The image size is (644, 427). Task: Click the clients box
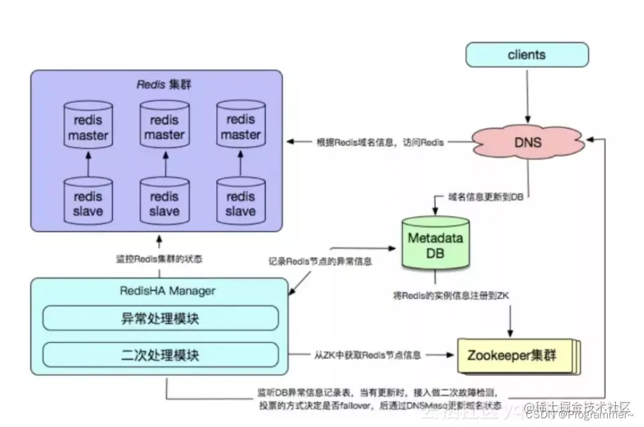tap(527, 55)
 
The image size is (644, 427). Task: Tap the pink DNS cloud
tap(528, 142)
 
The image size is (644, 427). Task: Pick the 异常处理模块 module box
tap(160, 318)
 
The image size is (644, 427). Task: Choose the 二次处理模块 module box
tap(160, 354)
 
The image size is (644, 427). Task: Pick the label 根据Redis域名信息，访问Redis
tap(380, 142)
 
